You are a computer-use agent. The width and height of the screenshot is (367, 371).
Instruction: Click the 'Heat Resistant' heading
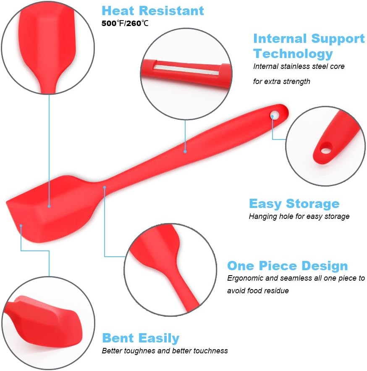pos(153,11)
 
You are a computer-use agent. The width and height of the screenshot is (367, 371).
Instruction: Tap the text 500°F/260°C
pos(125,24)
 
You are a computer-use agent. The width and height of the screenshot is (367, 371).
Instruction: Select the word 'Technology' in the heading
pos(293,54)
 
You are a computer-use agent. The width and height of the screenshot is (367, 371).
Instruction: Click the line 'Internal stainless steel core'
pos(299,66)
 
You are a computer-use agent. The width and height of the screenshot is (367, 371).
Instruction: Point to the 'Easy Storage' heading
pos(294,204)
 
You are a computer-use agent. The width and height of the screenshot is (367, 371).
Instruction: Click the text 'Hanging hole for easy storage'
pos(299,217)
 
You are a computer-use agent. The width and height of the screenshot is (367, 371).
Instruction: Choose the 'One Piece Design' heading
pos(287,266)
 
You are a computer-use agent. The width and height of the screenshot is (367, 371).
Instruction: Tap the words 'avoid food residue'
pos(258,291)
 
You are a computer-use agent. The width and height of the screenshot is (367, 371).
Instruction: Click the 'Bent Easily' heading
pos(141,338)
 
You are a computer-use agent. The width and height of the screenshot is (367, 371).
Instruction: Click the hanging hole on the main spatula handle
pos(275,113)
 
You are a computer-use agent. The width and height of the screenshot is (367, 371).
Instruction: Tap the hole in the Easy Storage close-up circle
pos(325,148)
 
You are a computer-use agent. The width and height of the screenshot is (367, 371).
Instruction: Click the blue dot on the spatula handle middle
pos(185,150)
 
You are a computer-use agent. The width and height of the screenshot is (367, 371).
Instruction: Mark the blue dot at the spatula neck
pos(105,187)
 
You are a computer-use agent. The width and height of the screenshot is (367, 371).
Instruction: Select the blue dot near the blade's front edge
pos(21,226)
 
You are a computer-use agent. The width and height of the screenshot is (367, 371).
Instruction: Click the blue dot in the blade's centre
pos(49,206)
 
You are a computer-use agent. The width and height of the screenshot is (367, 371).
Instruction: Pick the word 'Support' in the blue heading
pos(338,39)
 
